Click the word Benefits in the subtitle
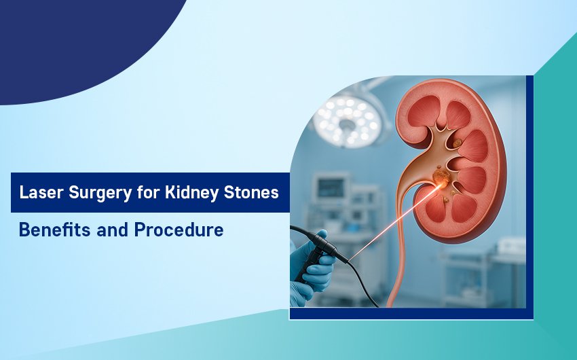click(55, 230)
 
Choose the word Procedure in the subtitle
click(179, 230)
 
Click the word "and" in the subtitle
click(112, 230)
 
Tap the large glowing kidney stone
click(441, 177)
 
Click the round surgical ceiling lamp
click(348, 121)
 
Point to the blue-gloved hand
click(312, 268)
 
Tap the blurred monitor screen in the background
click(331, 188)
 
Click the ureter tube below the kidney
click(398, 257)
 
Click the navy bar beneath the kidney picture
click(411, 314)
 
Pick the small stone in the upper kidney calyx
click(457, 143)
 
